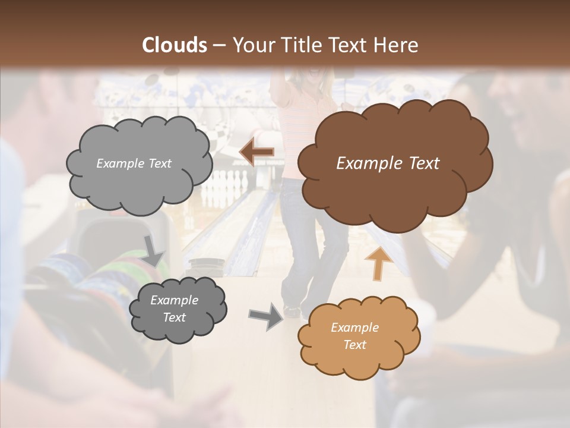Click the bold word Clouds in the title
coord(175,45)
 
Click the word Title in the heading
coord(297,45)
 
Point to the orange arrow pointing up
coord(378,263)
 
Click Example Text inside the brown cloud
coord(388,163)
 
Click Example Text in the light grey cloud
coord(134,163)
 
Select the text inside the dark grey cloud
coord(174,309)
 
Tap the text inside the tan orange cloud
coord(354,336)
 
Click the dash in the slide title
coord(219,46)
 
